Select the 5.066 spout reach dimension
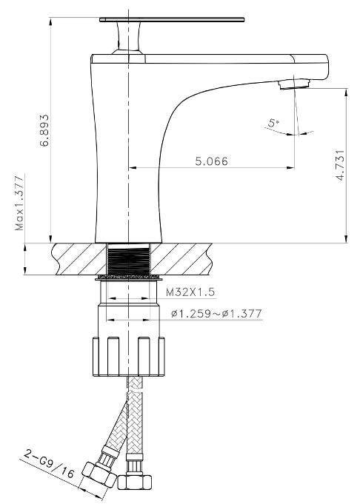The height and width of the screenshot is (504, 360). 211,161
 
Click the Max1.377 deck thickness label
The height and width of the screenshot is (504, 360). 20,203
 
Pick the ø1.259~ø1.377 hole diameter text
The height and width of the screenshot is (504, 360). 216,314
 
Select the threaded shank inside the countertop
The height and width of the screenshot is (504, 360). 130,260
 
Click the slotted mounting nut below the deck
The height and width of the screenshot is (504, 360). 130,357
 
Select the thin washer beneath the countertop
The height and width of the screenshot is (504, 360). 129,279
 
